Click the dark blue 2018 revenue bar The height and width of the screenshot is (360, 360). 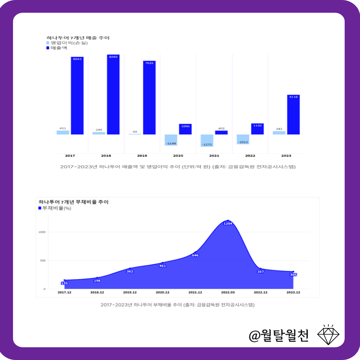pos(113,95)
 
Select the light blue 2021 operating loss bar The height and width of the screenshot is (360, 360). pos(207,140)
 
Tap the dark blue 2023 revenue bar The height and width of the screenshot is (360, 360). pos(293,115)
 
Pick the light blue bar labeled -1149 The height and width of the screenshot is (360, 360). pos(171,140)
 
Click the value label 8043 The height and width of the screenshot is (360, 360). pos(77,59)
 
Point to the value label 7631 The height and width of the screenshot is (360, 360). pos(149,63)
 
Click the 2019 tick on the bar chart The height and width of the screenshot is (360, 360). pos(142,156)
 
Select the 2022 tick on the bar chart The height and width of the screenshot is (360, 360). pos(250,156)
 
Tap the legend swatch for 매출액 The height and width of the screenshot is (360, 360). pos(48,48)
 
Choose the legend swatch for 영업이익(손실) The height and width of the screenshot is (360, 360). pos(48,43)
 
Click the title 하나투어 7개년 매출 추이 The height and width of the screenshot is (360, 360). pos(78,38)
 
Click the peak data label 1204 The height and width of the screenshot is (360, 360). pos(228,223)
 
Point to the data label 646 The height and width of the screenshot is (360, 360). pos(195,255)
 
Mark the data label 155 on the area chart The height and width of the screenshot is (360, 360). pos(64,283)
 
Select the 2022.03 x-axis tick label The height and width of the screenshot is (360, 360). pos(228,292)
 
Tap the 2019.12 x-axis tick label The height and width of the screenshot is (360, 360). pos(130,292)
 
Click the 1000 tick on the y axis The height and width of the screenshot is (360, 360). pos(42,232)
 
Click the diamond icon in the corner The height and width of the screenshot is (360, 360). pos(328,334)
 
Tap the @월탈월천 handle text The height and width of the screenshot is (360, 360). pos(279,335)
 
